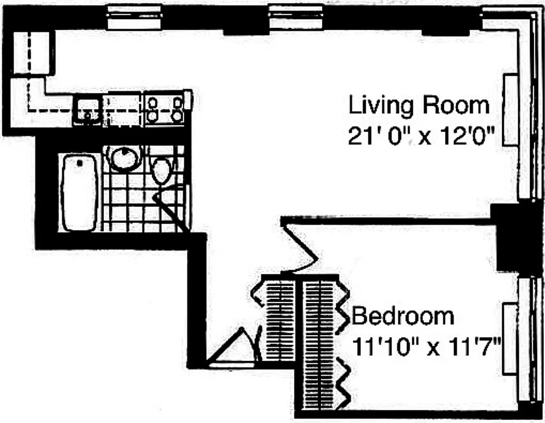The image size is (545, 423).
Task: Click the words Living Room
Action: point(419,106)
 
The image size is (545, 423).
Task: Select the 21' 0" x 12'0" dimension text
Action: point(421,137)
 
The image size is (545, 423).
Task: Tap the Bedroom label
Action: point(403,316)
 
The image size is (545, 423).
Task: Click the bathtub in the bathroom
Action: point(80,192)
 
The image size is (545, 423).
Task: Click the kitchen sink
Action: point(88,110)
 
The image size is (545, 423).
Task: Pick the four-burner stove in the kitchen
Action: point(164,108)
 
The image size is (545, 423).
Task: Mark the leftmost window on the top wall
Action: point(133,17)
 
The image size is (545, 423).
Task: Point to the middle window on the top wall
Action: point(295,17)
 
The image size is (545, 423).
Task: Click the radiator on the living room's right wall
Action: point(511,110)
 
